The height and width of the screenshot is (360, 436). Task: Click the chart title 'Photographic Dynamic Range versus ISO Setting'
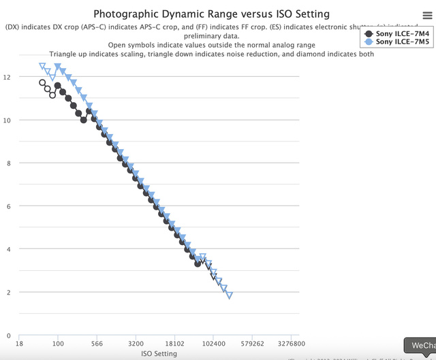211,14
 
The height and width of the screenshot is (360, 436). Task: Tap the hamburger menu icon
426,14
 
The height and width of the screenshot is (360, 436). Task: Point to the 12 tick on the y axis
7,77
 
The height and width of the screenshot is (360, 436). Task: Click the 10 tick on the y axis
7,120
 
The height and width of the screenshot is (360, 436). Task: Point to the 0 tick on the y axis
8,335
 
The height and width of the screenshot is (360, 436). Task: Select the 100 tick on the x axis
58,344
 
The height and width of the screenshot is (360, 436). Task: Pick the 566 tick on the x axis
97,344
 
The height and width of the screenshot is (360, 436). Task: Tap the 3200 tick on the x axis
136,344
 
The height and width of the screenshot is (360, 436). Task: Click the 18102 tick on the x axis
174,344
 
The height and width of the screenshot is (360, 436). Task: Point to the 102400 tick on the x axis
213,344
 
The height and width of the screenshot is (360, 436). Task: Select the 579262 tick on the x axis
252,344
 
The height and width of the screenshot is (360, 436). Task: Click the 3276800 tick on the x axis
290,344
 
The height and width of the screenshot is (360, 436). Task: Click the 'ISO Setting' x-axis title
159,354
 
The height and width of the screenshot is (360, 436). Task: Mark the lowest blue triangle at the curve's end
230,295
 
